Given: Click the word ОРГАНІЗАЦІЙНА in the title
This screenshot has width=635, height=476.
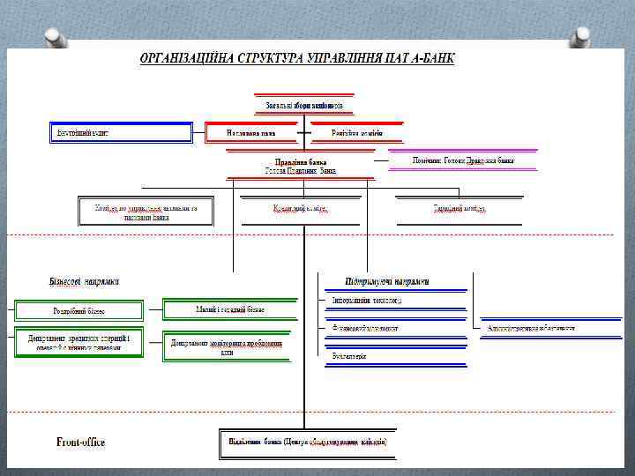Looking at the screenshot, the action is [183, 59].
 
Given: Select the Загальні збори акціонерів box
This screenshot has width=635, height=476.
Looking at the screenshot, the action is [304, 106].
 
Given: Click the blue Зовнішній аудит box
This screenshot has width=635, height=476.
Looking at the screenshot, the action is [119, 133].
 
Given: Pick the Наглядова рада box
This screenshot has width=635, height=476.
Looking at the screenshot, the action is [251, 133].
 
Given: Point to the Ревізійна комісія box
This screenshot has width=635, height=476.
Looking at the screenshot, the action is [357, 133].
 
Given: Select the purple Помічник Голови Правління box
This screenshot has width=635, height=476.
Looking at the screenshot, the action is [463, 161].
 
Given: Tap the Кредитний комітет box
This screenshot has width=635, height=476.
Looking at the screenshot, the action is [300, 209].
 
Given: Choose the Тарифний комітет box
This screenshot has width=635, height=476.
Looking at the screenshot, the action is [459, 209].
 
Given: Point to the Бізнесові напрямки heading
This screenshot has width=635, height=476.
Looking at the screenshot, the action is [84, 281].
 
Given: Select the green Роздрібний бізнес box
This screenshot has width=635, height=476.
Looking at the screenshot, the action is [78, 310].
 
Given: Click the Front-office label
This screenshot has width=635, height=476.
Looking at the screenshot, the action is [80, 442].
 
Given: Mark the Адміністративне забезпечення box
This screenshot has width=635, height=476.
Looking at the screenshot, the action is [531, 328].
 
